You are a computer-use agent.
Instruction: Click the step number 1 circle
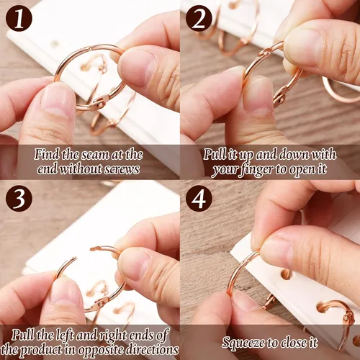click(x=19, y=19)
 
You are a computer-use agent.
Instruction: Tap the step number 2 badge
click(x=199, y=19)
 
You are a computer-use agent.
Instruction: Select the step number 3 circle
click(x=19, y=198)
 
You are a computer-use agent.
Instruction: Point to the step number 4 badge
click(x=199, y=198)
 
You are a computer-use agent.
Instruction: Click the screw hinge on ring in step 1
click(x=99, y=103)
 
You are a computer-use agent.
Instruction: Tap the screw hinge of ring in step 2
click(x=280, y=97)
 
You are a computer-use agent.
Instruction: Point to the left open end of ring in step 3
click(x=75, y=258)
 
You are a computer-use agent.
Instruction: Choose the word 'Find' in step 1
click(x=46, y=154)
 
